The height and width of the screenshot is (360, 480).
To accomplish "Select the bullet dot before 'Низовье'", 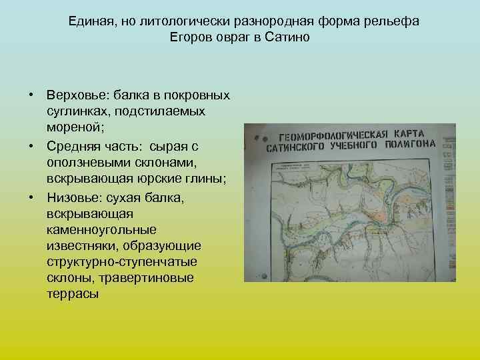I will [x=31, y=197].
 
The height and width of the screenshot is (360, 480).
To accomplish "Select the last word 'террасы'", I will [x=73, y=294].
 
